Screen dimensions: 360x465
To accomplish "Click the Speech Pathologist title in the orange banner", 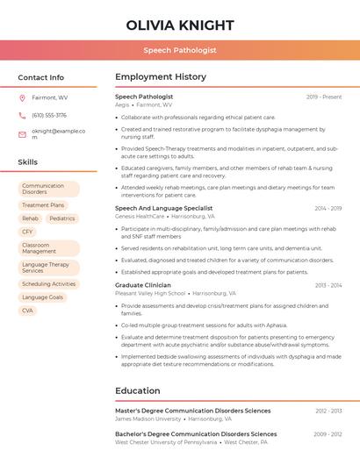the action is point(180,50).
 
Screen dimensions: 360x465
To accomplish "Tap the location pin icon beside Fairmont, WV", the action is point(22,97).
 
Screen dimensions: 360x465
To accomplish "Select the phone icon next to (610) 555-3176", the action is point(22,115).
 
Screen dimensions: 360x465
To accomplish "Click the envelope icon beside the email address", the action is point(22,133).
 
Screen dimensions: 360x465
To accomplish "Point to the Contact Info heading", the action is point(41,77).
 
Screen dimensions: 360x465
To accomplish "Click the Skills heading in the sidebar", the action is point(28,161).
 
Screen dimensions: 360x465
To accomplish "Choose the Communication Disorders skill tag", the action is point(48,189).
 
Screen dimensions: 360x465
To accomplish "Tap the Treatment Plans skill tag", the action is point(43,205).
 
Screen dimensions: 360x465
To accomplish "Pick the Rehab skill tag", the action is point(30,218).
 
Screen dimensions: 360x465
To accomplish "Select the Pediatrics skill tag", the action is point(62,218).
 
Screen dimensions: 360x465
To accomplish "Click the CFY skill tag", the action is point(28,232).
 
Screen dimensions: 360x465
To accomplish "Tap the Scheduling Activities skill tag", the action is point(48,284).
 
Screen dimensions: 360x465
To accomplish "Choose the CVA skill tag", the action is point(28,311).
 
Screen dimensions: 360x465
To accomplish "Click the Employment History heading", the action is point(161,77).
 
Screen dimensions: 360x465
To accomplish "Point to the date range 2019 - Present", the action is point(324,97).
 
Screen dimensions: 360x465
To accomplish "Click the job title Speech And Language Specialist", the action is point(164,208).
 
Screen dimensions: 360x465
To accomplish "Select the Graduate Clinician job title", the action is point(143,285).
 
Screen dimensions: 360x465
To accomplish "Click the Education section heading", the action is point(138,390).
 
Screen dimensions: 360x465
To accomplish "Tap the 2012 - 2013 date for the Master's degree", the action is point(328,411).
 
